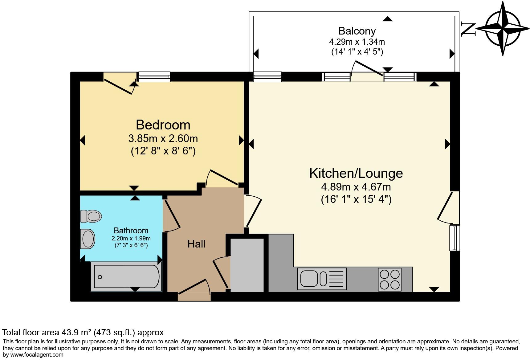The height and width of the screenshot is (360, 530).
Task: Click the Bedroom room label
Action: coord(163,125)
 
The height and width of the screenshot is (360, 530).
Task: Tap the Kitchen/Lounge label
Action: coord(356,173)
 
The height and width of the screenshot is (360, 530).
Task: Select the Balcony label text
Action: coord(357,31)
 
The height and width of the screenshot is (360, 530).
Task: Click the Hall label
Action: coord(196,244)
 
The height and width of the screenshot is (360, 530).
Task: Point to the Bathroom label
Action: coord(131,231)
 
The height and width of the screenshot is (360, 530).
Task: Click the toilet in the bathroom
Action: coord(91,216)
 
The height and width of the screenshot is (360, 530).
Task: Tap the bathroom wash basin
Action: coord(87,239)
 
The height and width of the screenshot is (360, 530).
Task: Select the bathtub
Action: coord(126,276)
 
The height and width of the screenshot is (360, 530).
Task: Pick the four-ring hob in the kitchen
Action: coord(389,279)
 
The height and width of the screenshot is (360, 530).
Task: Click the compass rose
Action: coord(502,29)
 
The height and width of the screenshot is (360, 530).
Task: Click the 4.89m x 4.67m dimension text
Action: coord(356,187)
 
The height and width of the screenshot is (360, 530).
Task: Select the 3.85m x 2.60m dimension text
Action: coord(163,138)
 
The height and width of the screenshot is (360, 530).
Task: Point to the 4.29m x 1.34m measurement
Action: coord(357,41)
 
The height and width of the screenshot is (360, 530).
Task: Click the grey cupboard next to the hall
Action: coord(247,265)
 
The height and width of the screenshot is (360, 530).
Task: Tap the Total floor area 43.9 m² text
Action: coord(83,333)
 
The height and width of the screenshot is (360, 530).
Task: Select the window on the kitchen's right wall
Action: coord(455,238)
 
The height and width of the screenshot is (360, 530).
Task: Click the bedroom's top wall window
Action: coord(154,77)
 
